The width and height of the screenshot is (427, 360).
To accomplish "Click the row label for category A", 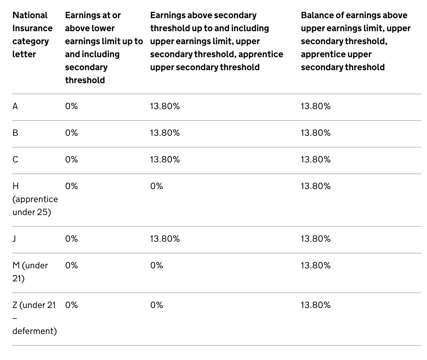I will [x=15, y=106].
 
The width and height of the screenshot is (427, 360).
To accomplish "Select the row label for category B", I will [x=15, y=133].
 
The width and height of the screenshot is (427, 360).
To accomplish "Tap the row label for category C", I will [x=15, y=160].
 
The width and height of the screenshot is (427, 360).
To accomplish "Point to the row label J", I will [x=15, y=239].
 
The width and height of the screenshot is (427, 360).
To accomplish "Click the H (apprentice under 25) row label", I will [x=35, y=199].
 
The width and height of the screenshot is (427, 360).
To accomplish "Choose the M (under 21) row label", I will [x=30, y=272].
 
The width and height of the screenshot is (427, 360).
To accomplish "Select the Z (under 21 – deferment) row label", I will [x=34, y=318].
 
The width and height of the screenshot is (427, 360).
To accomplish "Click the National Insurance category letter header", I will [x=32, y=34].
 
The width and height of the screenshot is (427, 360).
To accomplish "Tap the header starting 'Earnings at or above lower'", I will [x=104, y=47].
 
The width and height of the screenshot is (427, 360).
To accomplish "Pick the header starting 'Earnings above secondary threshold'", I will [x=216, y=41].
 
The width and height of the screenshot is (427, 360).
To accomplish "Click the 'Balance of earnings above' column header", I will [x=356, y=41].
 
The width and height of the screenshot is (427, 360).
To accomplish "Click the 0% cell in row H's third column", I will [x=157, y=186].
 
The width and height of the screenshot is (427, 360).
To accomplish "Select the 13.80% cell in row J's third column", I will [x=165, y=239].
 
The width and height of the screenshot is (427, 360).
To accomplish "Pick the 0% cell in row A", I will [x=71, y=106].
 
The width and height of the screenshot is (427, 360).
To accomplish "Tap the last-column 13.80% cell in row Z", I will [x=316, y=305].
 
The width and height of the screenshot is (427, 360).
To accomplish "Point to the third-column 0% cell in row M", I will [x=157, y=265].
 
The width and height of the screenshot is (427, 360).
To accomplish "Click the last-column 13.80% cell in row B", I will [x=316, y=133].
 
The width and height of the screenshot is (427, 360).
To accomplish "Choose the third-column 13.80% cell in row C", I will [x=165, y=160].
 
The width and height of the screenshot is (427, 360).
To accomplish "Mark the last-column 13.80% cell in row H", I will [x=316, y=186].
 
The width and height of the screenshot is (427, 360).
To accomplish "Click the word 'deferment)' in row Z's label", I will [x=34, y=331].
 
